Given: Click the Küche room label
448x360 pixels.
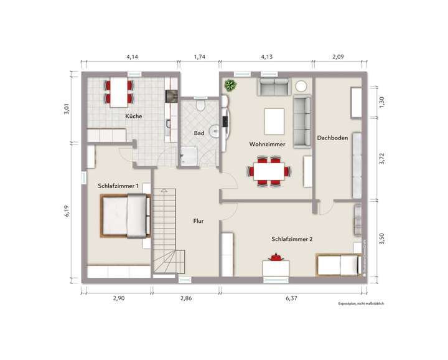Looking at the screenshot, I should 133,116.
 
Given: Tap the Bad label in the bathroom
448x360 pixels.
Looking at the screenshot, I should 199,133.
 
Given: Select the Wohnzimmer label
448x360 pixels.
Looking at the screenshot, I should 267,144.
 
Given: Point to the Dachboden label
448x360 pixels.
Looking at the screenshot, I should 332,138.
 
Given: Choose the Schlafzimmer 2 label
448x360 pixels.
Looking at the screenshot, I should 291,239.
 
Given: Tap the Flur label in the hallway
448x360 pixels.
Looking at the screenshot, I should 198,220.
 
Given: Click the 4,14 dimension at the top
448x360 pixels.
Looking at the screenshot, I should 133,57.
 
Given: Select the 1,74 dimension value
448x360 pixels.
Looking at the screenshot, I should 199,57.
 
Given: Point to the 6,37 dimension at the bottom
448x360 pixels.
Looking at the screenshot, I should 291,298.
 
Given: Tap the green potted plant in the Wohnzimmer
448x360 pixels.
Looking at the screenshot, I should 231,85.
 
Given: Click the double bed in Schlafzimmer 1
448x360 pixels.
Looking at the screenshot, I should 126,216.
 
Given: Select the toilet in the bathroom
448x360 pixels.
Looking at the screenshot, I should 200,105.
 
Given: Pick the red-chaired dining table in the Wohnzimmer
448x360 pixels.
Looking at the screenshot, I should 270,169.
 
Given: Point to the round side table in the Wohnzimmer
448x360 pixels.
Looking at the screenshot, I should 301,86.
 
